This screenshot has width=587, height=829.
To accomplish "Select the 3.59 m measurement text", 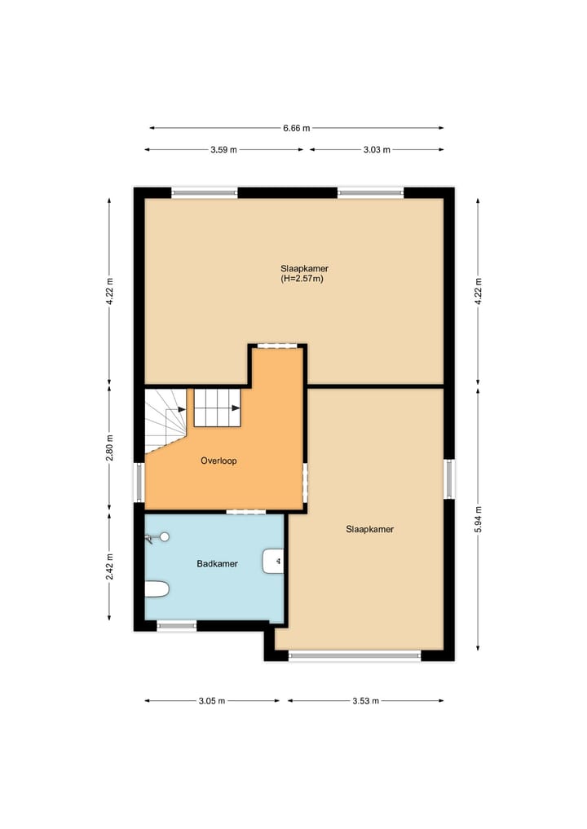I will tap(223, 150).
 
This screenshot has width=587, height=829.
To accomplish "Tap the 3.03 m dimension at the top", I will tap(377, 150).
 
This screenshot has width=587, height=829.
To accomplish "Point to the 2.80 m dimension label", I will tap(110, 449).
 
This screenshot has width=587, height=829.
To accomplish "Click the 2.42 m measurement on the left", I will tap(110, 566).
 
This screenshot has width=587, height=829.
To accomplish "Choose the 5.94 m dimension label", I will tap(479, 519).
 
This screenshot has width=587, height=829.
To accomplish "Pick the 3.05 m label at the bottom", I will tap(211, 700).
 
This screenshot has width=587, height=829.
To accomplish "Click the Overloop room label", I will tap(218, 461).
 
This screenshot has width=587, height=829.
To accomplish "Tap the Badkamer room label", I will tap(217, 563).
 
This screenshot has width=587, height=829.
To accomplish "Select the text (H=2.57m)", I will tap(303, 279).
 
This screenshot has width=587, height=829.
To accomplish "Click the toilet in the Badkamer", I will tap(156, 589).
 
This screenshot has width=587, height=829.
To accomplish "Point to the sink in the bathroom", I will tap(273, 561).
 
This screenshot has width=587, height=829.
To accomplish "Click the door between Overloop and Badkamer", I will tap(245, 512).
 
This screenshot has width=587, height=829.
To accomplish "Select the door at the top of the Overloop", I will tap(278, 346).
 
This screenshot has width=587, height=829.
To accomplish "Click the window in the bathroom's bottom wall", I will tap(177, 626).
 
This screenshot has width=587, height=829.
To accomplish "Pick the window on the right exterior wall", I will tap(448, 478).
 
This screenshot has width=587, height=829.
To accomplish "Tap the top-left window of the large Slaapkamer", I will tap(205, 193).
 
